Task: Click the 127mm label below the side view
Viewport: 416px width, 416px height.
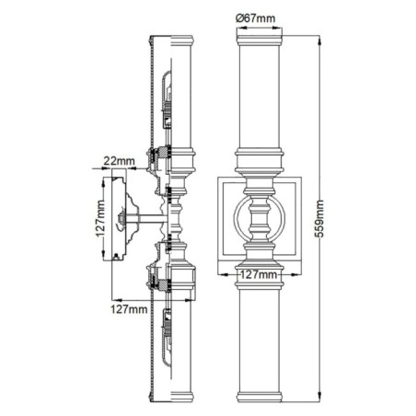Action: click(x=130, y=309)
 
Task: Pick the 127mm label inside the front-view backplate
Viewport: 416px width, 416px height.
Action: click(x=258, y=273)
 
